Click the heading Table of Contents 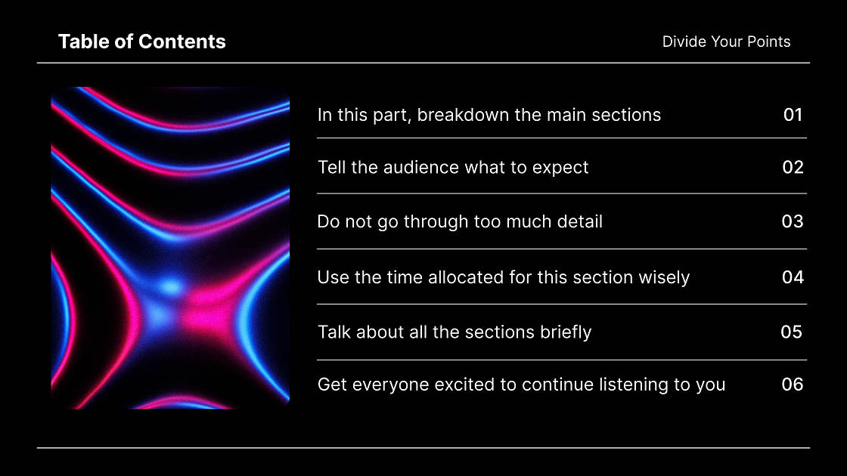141,42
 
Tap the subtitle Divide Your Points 726,42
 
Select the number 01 793,115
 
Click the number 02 793,167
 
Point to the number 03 793,221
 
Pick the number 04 793,277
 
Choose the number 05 791,332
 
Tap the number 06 792,385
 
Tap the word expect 560,168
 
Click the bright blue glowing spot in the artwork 171,287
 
